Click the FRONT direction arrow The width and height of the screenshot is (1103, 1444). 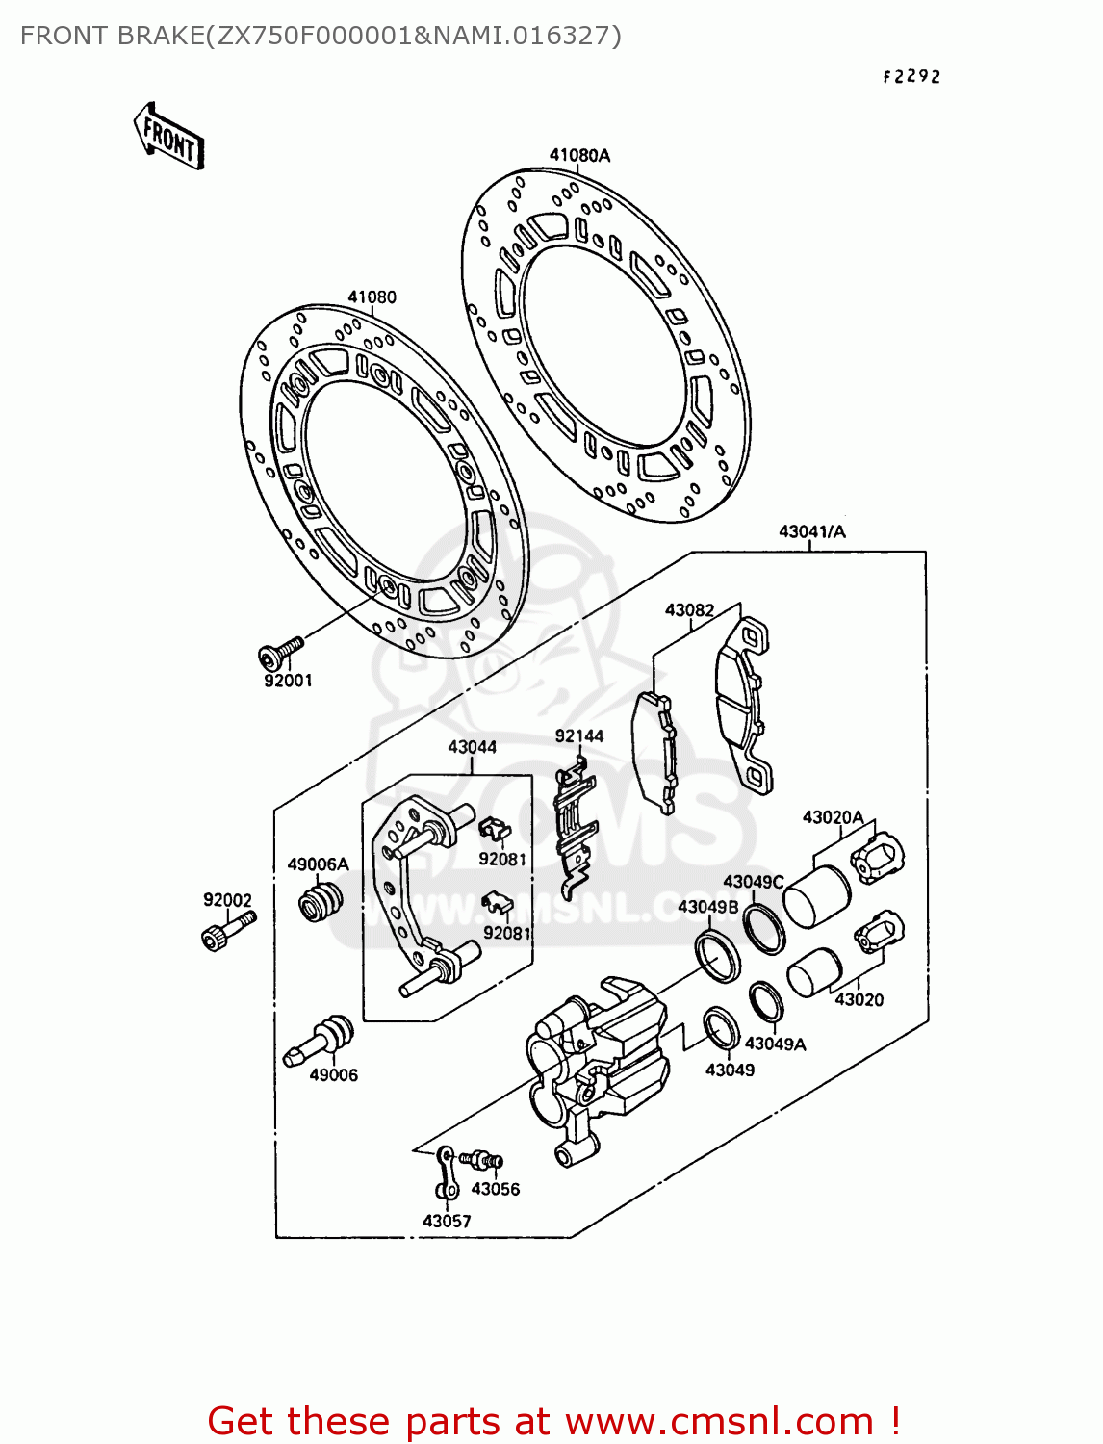tap(169, 138)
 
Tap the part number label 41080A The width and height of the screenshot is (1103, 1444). tap(579, 155)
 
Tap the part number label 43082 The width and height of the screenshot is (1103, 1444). tap(689, 609)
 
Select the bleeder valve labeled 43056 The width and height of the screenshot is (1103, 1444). tap(482, 1161)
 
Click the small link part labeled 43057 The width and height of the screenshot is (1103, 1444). tap(447, 1172)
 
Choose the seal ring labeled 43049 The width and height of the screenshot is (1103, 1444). tap(721, 1028)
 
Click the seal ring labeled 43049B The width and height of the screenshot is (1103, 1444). tap(718, 955)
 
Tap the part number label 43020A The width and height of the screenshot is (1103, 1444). tap(833, 817)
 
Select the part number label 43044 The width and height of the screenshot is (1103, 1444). tap(472, 746)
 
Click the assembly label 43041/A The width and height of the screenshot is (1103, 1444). tap(811, 531)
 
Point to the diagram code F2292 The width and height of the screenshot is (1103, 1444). tap(911, 77)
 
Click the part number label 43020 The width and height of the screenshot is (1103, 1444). tap(859, 999)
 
